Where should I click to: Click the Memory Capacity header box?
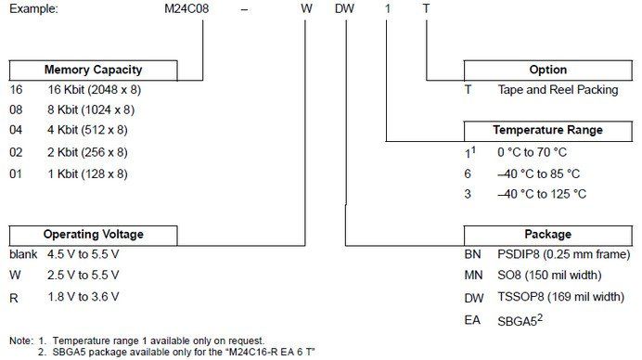(x=94, y=70)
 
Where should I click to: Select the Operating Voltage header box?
(x=94, y=235)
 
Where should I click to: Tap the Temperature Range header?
(x=547, y=131)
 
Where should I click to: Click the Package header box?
(x=547, y=235)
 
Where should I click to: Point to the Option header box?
(x=547, y=70)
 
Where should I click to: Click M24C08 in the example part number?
(x=186, y=8)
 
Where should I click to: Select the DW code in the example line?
(x=344, y=8)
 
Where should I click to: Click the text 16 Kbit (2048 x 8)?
(x=95, y=90)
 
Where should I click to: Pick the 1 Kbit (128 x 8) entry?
(x=87, y=174)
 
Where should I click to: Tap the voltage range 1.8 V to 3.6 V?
(x=83, y=297)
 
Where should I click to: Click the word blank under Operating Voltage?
(x=23, y=254)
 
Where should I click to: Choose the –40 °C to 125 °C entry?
(x=542, y=194)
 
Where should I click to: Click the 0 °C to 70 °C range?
(x=532, y=152)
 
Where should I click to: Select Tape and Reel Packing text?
(x=559, y=90)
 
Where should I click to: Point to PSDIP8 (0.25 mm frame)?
(x=564, y=254)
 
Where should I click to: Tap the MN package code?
(x=473, y=276)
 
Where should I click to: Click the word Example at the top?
(x=33, y=8)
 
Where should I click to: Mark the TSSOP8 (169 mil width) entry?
(x=560, y=297)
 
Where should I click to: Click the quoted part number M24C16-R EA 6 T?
(x=270, y=352)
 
